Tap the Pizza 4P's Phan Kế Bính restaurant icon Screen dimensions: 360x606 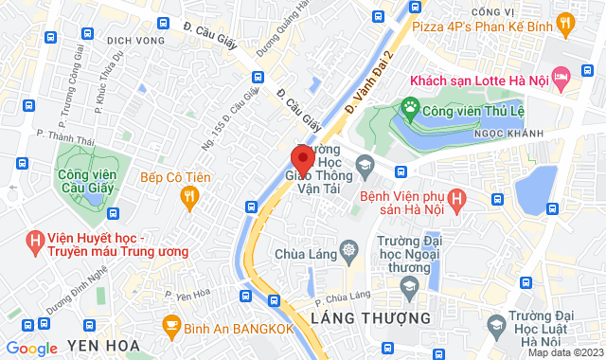coord(565,21)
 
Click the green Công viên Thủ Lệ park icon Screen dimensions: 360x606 coord(410,109)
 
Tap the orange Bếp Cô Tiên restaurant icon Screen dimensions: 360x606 coord(189,195)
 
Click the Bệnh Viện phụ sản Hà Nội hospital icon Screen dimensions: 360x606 coord(457,199)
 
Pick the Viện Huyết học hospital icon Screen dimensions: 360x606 coord(36,242)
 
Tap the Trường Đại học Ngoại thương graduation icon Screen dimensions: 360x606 coord(409,285)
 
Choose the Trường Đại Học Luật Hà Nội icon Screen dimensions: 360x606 coord(494,325)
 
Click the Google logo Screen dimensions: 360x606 coord(32,349)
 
